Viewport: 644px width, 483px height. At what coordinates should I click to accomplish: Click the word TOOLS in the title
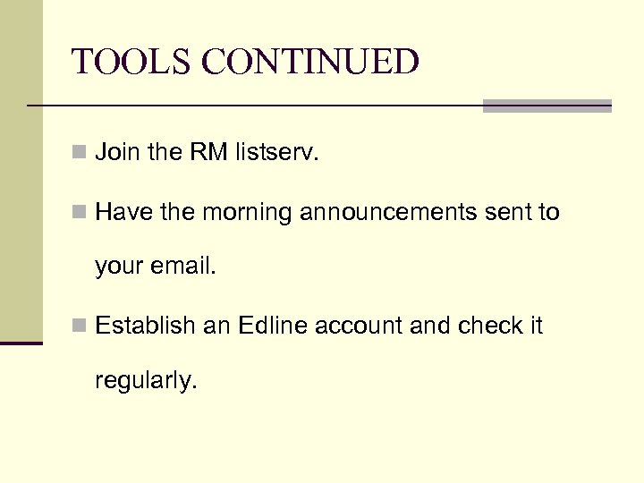[131, 63]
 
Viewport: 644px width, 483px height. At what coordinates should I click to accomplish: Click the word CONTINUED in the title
[310, 63]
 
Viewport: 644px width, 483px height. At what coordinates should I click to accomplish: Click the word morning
[248, 213]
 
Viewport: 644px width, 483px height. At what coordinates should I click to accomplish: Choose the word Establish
[145, 326]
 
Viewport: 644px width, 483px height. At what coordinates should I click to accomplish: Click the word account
[360, 326]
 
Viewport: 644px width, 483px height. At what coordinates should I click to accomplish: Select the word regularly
[145, 381]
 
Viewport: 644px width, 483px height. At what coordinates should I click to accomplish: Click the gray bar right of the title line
[547, 106]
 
